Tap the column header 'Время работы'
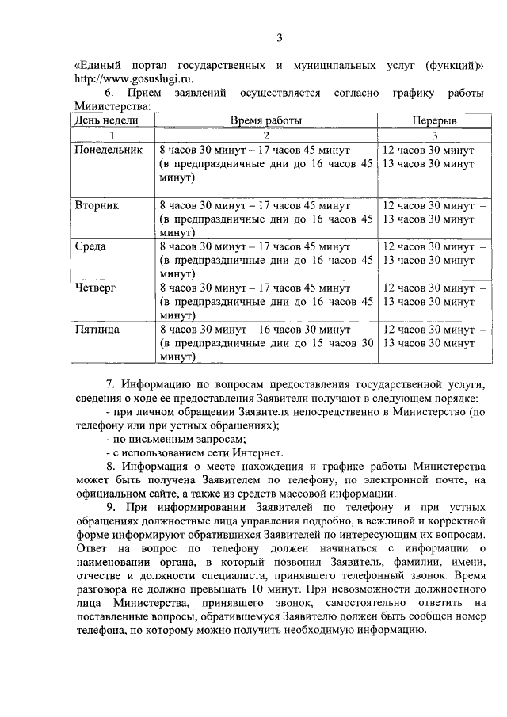265,120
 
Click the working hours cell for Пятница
265,342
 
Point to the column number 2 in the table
265,135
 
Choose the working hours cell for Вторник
265,218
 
